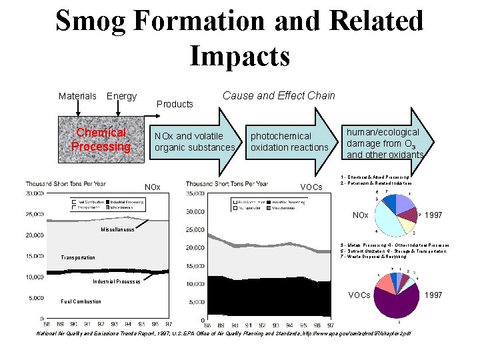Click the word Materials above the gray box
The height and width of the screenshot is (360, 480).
[x=77, y=96]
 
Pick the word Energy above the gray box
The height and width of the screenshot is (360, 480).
[x=121, y=96]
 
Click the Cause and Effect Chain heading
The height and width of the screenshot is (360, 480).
[x=279, y=95]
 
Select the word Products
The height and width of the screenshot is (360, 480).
[x=175, y=104]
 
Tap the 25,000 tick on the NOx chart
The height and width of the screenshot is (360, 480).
[x=35, y=214]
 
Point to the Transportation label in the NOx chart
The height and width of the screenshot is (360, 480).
[x=78, y=257]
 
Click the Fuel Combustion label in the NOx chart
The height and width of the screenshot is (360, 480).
[x=81, y=301]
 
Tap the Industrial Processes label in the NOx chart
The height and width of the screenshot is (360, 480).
[x=117, y=281]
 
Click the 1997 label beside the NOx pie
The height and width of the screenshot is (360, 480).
[x=433, y=215]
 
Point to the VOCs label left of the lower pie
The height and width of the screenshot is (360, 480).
[x=359, y=295]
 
